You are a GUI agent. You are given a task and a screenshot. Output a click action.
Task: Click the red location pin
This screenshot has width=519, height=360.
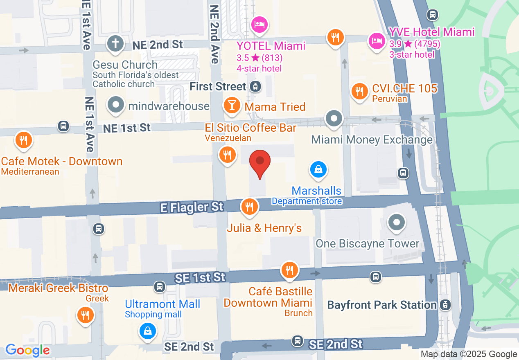260,161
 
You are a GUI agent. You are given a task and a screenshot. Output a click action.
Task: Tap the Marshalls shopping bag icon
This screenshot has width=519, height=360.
318,169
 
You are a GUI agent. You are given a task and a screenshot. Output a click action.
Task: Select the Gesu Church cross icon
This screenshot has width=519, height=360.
115,43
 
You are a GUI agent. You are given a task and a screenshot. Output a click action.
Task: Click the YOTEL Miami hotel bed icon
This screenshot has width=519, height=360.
259,24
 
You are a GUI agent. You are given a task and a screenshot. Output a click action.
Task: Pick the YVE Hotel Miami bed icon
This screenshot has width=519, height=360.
377,40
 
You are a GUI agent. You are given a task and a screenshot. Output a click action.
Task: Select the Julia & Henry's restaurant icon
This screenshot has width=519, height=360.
249,206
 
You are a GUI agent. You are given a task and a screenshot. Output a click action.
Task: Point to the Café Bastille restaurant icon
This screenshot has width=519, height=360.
289,270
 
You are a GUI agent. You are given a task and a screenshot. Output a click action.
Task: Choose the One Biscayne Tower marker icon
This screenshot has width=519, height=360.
396,223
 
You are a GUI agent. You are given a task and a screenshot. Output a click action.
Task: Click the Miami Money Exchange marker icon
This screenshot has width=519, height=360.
334,119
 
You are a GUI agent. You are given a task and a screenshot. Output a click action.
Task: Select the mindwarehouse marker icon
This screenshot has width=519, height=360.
116,105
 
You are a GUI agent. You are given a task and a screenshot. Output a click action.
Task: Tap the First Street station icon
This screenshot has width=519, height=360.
255,87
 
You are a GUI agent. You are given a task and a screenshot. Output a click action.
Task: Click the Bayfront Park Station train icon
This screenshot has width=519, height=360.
445,305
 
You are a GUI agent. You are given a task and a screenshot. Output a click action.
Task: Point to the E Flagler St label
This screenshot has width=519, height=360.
192,207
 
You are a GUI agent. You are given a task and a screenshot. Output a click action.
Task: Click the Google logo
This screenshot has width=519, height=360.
27,351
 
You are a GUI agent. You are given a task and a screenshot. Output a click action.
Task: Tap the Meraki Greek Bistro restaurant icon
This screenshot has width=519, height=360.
85,315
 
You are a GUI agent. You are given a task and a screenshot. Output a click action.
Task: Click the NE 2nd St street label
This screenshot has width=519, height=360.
158,45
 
